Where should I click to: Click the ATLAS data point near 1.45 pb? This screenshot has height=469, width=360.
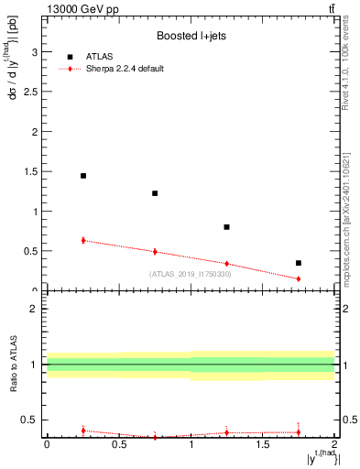(x=83, y=176)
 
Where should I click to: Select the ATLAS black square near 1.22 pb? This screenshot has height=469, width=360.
(x=155, y=193)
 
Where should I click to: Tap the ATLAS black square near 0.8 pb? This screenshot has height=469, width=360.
(x=226, y=227)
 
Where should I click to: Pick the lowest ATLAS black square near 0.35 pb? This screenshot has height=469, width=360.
(x=299, y=263)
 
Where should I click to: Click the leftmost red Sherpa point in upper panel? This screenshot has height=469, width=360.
(x=83, y=240)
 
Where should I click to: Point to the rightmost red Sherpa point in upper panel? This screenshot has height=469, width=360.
(x=299, y=278)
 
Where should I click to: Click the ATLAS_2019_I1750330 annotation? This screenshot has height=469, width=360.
(x=191, y=274)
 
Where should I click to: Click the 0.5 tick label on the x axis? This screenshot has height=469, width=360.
(x=119, y=445)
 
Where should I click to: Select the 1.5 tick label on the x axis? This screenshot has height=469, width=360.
(x=263, y=445)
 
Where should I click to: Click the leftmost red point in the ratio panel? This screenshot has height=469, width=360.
(x=83, y=430)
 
